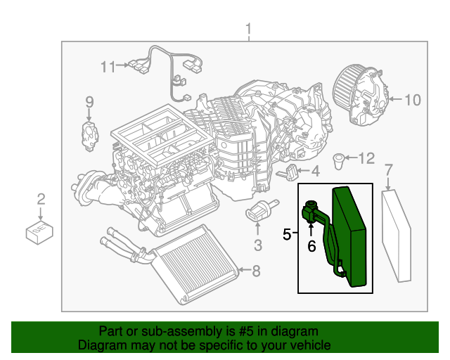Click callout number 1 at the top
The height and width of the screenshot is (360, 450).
[248, 30]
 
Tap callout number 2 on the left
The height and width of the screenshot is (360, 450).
[41, 199]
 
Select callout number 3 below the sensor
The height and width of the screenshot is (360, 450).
[257, 245]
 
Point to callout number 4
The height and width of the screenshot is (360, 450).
[316, 171]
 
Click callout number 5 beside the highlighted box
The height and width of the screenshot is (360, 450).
[287, 233]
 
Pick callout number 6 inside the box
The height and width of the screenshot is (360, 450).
[311, 246]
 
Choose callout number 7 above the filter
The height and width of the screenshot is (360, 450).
[389, 169]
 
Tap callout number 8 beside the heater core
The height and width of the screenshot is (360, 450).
[256, 270]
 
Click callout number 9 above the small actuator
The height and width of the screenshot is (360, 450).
[89, 103]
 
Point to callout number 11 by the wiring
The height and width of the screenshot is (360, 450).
[107, 67]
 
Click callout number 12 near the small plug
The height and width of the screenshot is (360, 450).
[367, 159]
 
